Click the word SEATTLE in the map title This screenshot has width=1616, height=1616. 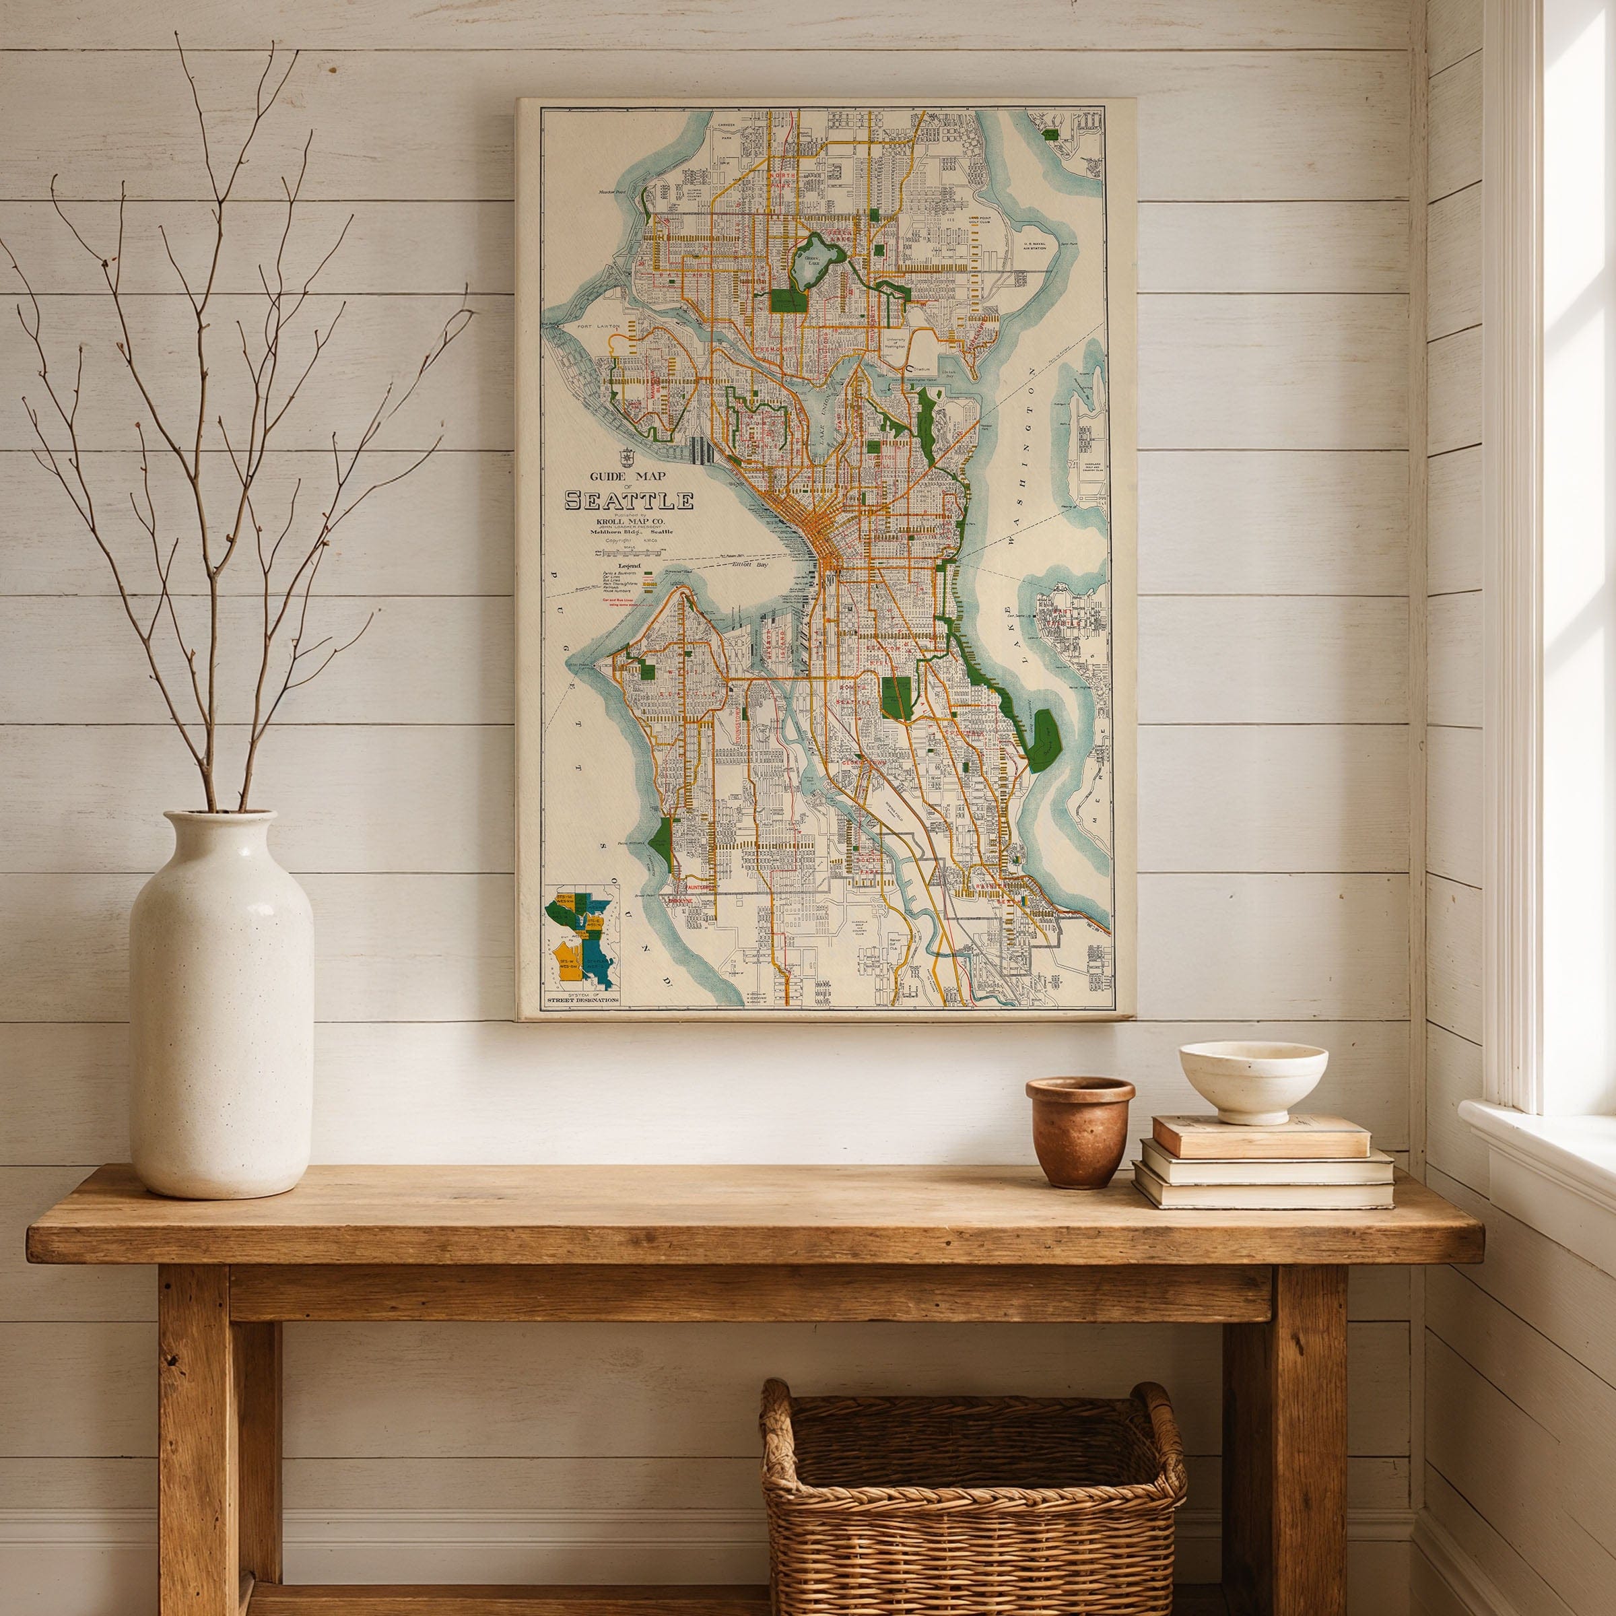[629, 500]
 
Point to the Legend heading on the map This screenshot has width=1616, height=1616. [612, 566]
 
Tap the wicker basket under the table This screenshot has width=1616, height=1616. [972, 1497]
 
